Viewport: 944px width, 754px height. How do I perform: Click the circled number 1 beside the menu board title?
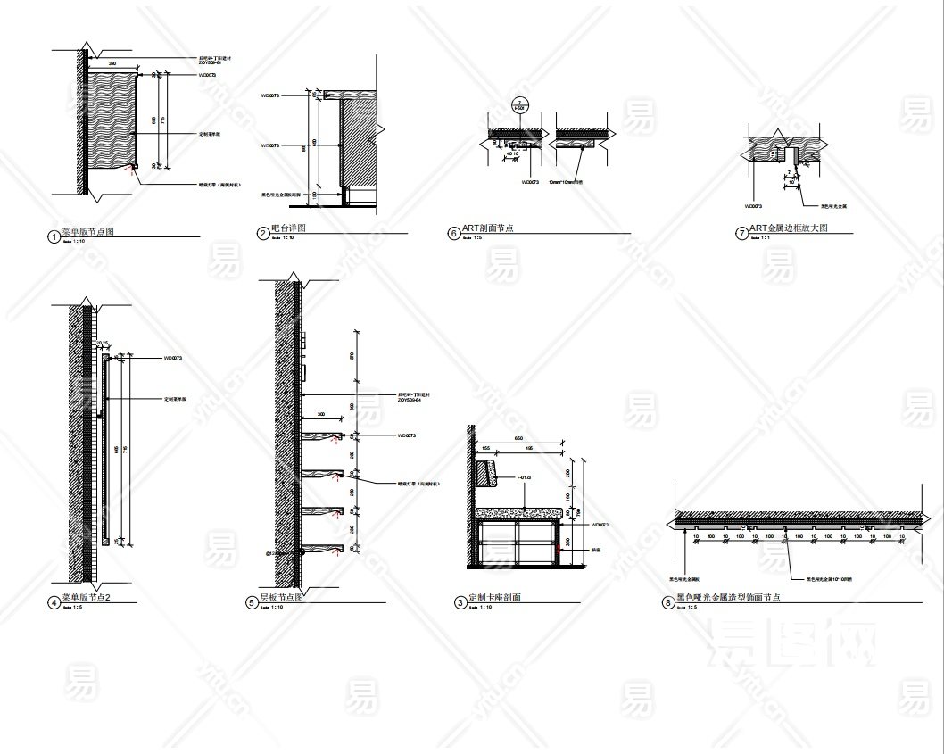(54, 237)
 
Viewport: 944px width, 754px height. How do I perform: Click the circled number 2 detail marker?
(263, 234)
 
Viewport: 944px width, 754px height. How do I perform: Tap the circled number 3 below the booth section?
(460, 603)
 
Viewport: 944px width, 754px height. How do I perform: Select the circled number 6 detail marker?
(454, 234)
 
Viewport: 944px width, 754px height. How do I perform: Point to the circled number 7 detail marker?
(741, 234)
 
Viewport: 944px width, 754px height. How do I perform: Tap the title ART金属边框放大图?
(789, 229)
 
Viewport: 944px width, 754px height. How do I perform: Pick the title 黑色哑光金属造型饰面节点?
(728, 598)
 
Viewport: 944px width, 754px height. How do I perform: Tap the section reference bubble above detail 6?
(518, 104)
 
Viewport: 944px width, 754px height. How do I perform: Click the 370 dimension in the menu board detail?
(112, 64)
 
